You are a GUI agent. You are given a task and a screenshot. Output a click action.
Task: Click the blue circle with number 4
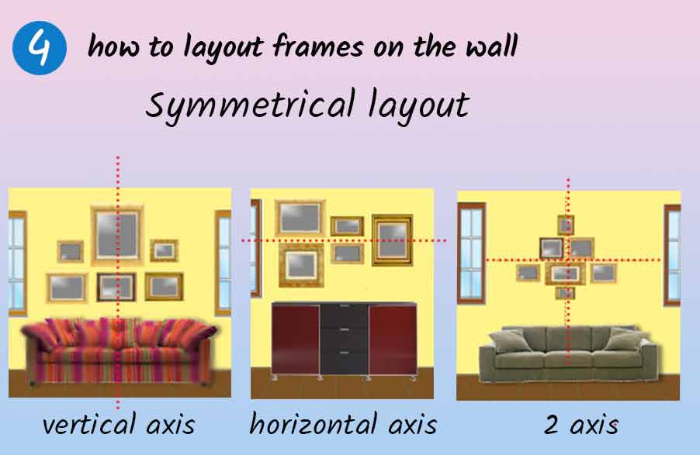click(40, 48)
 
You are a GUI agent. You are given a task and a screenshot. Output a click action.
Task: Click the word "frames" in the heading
click(317, 46)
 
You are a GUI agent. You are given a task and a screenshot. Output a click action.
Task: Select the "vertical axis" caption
click(119, 424)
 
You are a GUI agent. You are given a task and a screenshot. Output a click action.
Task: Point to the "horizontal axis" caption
click(343, 424)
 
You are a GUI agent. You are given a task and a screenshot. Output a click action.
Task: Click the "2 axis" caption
click(581, 424)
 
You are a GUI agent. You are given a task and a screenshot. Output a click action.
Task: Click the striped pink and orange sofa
click(120, 350)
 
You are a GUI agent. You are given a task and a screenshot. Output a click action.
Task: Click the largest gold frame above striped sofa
click(117, 235)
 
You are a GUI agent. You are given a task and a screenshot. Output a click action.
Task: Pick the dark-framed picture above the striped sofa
click(116, 288)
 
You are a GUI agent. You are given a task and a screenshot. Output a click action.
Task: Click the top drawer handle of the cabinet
click(344, 306)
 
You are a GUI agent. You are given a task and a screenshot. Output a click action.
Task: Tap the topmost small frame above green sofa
click(566, 225)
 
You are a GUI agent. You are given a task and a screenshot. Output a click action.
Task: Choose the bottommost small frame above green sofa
click(565, 293)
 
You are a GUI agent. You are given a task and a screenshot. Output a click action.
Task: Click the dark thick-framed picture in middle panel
click(392, 240)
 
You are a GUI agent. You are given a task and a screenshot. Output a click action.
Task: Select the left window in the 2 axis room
click(471, 253)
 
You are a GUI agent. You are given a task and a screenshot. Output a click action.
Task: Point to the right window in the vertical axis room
click(223, 263)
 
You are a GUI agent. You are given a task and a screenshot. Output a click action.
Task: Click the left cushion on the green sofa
click(508, 341)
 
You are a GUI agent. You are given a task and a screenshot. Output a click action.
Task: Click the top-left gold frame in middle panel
click(300, 218)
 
